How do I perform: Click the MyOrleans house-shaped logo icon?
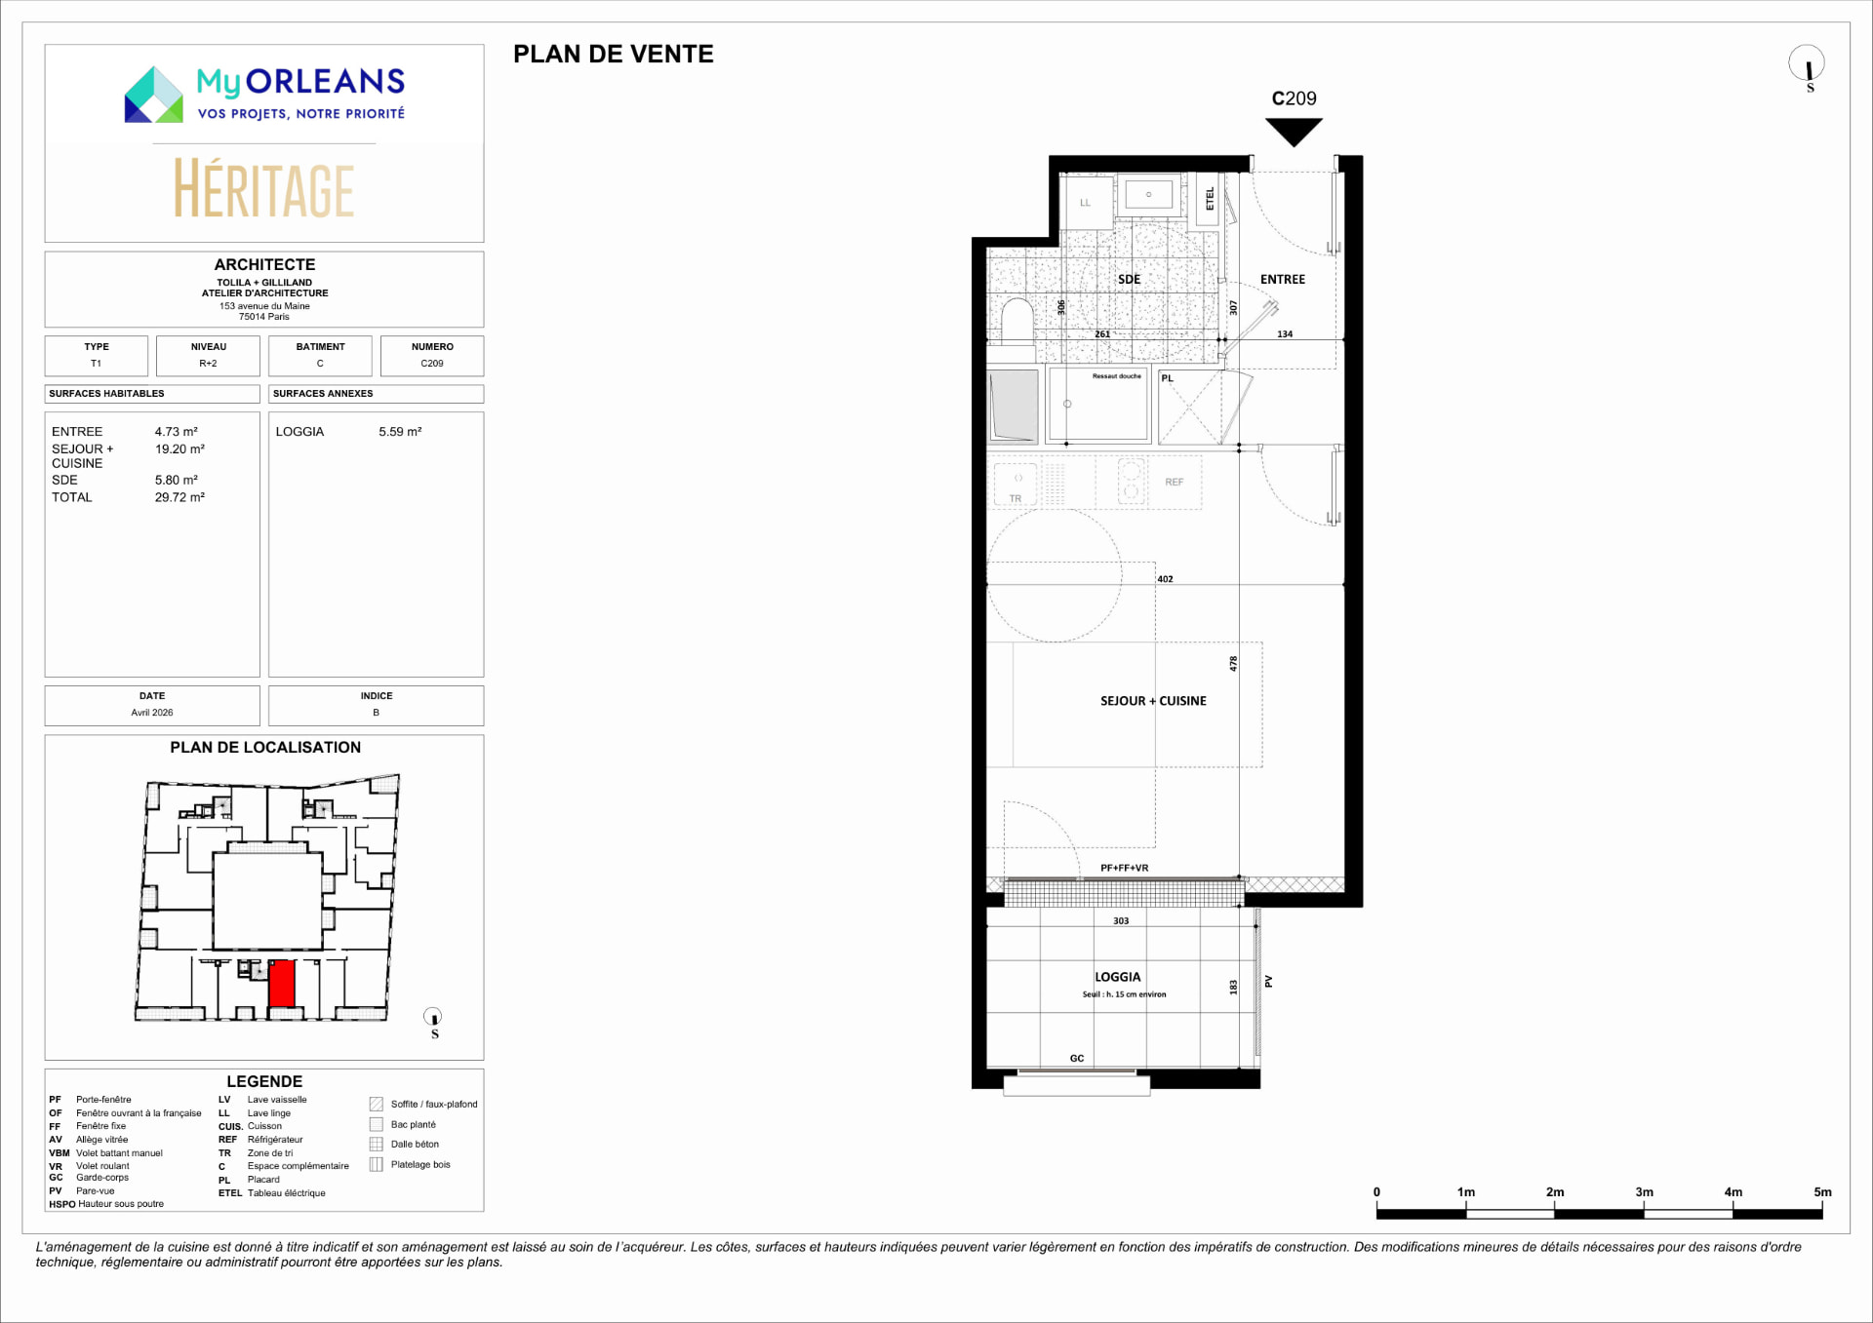click(154, 95)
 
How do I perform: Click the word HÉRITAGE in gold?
click(264, 189)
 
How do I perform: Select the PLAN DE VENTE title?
click(614, 55)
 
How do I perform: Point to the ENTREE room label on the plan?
click(1282, 280)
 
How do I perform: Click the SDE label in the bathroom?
click(1129, 280)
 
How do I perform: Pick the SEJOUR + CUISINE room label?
click(1153, 701)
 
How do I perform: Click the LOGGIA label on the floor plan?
click(1117, 977)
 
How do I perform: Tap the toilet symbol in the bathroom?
click(1016, 321)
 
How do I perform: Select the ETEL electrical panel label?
click(1210, 199)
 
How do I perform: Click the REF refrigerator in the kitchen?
click(1174, 483)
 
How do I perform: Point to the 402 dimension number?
click(1165, 579)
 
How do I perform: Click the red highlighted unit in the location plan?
click(282, 984)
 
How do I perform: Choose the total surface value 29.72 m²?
click(179, 497)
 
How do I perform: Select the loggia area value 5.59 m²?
click(400, 432)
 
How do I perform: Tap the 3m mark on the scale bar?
click(1644, 1192)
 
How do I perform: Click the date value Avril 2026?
click(152, 713)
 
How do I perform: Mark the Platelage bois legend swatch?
click(377, 1165)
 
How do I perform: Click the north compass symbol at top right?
click(1807, 64)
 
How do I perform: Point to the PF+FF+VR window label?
click(1124, 868)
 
